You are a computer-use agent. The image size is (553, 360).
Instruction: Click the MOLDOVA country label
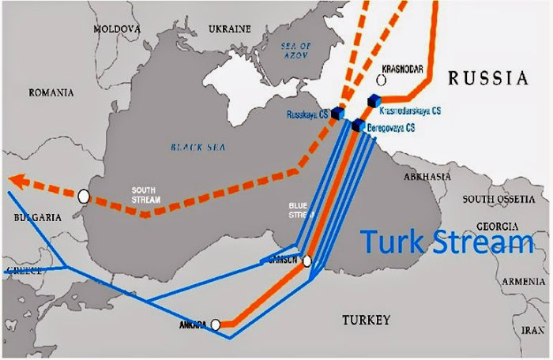[x=117, y=28]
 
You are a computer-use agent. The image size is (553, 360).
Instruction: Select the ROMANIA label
[x=51, y=92]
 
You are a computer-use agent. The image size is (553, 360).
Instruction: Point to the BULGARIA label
[x=32, y=216]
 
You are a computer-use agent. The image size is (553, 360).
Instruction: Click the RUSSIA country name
[x=487, y=77]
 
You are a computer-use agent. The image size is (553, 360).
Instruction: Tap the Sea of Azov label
[x=298, y=53]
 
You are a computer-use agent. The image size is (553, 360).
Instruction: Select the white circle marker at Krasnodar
[x=382, y=80]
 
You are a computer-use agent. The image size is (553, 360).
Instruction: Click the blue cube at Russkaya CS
[x=338, y=114]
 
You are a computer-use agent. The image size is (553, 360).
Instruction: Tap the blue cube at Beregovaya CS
[x=358, y=126]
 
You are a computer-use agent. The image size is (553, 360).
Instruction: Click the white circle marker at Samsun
[x=307, y=261]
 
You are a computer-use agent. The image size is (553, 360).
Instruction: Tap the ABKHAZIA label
[x=427, y=177]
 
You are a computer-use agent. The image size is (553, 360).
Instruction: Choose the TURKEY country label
[x=366, y=320]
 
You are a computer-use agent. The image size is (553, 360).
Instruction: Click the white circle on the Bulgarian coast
[x=84, y=196]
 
